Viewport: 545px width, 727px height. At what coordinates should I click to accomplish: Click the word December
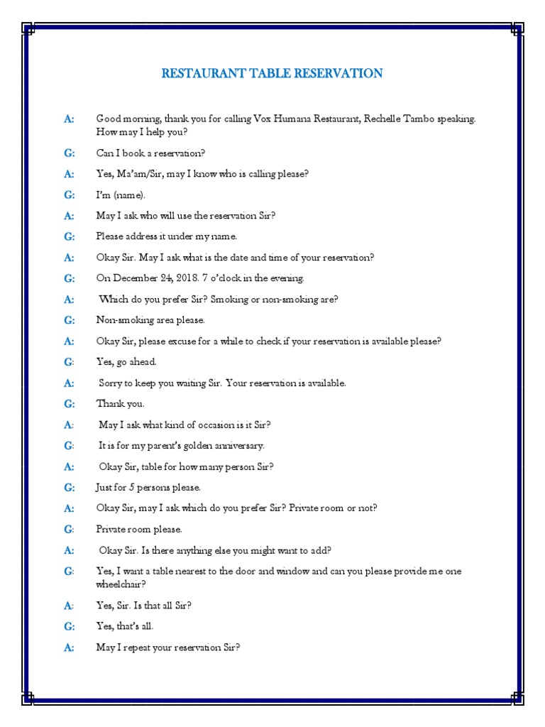(x=134, y=278)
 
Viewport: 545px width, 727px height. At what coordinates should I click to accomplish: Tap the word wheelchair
(x=121, y=584)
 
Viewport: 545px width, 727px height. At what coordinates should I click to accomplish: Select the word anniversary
(x=239, y=446)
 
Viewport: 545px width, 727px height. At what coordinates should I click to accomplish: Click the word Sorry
(x=112, y=383)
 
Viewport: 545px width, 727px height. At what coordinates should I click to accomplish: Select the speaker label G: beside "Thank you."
(x=69, y=404)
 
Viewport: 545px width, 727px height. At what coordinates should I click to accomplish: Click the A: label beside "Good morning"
(x=69, y=119)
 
